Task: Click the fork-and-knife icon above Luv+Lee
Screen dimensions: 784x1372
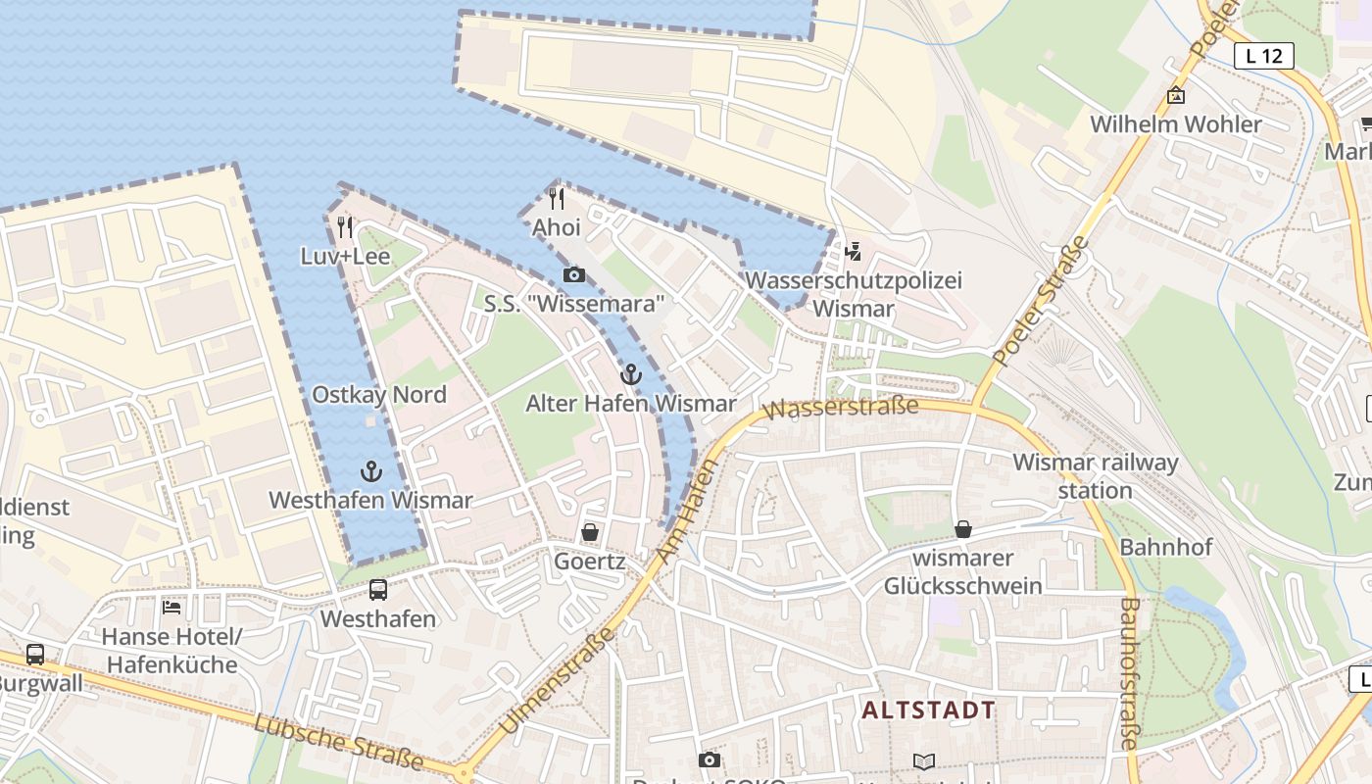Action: coord(344,227)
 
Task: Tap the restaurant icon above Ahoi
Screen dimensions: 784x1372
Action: coord(557,199)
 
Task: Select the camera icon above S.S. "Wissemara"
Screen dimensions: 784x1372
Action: coord(574,274)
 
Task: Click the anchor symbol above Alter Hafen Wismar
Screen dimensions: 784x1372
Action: coord(631,374)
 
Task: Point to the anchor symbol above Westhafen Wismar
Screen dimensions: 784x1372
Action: coord(371,471)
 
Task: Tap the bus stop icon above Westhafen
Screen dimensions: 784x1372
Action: coord(378,590)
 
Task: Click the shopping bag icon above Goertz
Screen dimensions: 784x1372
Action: coord(590,532)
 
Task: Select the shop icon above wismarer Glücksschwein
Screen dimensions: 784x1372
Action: coord(963,529)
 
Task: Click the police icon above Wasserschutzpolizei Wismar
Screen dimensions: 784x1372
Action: coord(854,252)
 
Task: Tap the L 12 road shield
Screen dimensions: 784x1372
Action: coord(1263,56)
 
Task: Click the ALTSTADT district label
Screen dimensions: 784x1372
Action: coord(929,710)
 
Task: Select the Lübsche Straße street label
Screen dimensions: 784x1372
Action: coord(338,742)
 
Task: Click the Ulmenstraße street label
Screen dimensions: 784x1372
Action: coord(556,680)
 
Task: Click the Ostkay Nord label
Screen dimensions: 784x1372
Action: coord(378,395)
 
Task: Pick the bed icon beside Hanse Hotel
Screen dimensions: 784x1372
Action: coord(171,608)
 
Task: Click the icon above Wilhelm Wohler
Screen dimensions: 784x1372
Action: coord(1176,95)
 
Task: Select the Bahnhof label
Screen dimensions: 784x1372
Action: coord(1166,547)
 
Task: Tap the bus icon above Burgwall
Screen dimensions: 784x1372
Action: coord(35,654)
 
